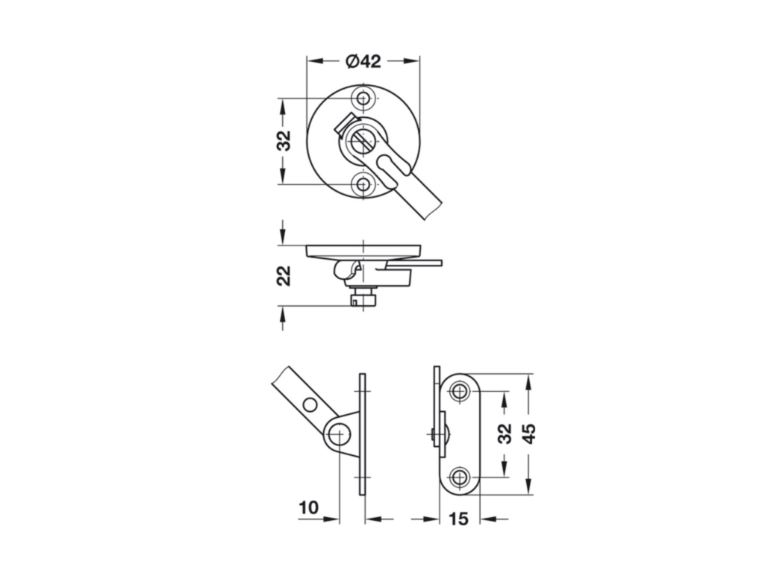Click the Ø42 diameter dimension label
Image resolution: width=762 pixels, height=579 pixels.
tap(363, 61)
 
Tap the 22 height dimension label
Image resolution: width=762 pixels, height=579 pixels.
tap(283, 275)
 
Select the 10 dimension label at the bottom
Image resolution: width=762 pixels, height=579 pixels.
tap(308, 507)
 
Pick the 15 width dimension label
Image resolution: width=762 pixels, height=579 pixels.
tap(458, 519)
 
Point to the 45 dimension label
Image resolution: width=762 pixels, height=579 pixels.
tap(528, 434)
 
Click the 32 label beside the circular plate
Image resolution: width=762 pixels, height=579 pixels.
tap(283, 141)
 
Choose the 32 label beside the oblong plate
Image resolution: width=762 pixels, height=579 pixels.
tap(505, 434)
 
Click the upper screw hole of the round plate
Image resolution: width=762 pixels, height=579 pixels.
tap(363, 98)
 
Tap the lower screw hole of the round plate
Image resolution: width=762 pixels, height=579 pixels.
tap(363, 184)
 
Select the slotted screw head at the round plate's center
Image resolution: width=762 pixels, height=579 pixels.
tap(363, 141)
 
